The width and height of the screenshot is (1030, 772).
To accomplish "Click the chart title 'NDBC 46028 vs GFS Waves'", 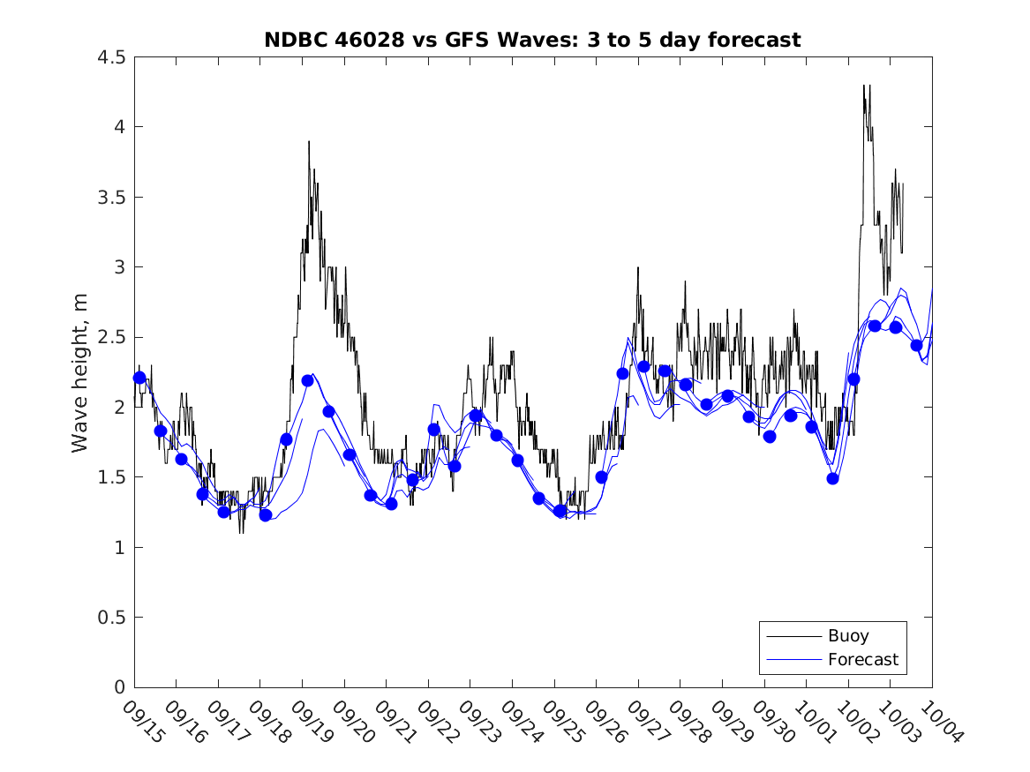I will click(x=532, y=40).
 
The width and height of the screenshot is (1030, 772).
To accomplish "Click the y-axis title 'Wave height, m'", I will click(x=80, y=371).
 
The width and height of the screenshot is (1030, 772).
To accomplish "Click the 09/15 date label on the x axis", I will click(x=142, y=723).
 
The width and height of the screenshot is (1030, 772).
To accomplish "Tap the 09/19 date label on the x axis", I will click(x=310, y=723).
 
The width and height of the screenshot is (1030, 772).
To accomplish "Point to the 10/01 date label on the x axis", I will click(x=814, y=723).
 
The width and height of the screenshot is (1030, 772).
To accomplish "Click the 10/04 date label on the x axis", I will click(x=939, y=723).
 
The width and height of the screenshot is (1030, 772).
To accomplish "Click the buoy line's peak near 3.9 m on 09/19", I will click(x=309, y=141).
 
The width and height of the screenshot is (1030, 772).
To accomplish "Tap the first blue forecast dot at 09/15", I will click(x=139, y=378).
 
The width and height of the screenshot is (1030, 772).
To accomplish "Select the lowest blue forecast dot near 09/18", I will click(x=266, y=515).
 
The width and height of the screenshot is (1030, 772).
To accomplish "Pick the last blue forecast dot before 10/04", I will click(x=916, y=345).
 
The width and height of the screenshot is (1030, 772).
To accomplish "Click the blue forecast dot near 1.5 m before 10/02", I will click(x=832, y=478).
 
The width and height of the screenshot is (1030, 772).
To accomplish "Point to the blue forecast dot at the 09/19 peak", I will click(x=307, y=380).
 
